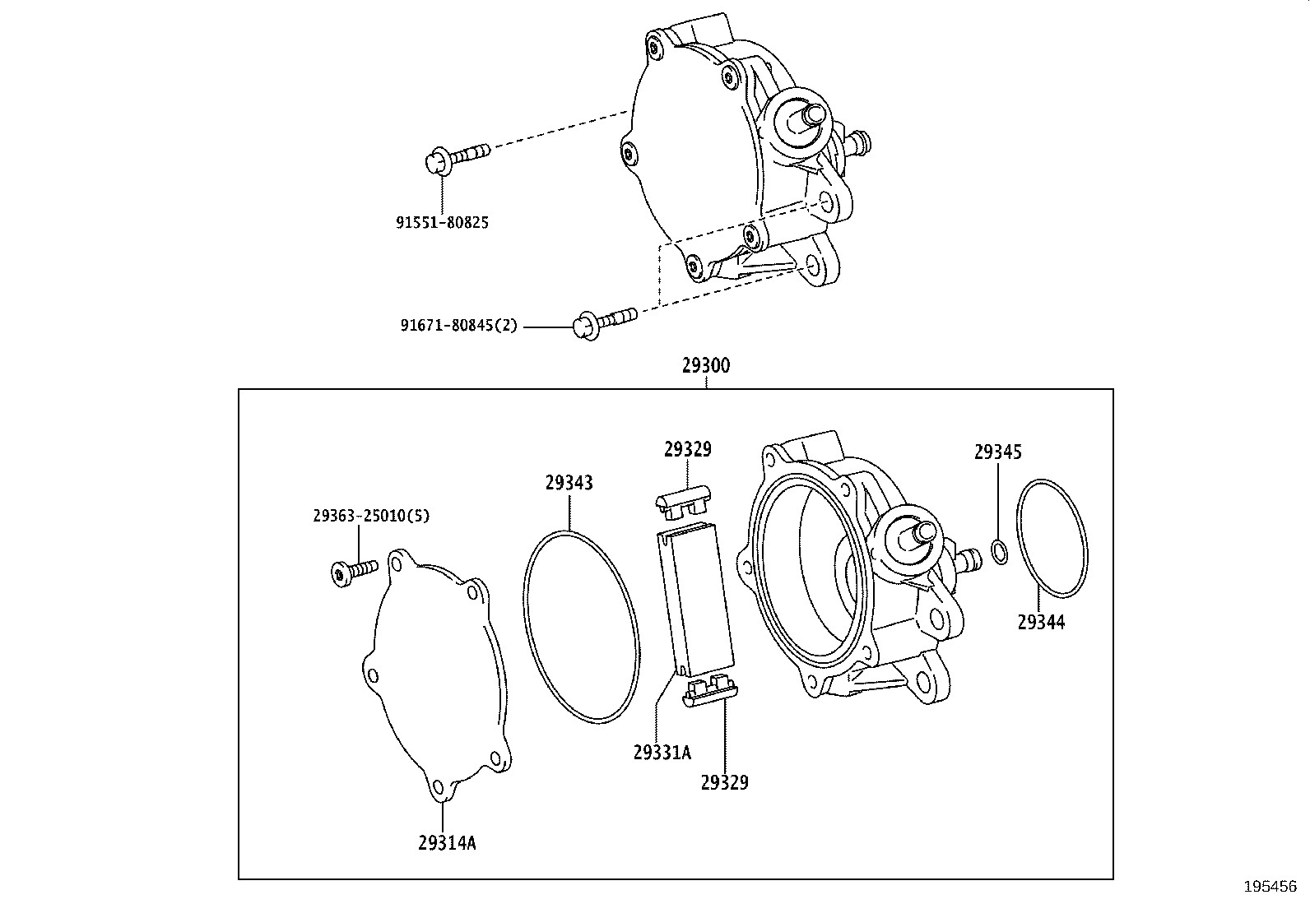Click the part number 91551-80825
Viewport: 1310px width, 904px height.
[x=442, y=222]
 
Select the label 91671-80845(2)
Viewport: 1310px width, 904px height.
[x=459, y=325]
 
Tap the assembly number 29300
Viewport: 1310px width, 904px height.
[x=705, y=365]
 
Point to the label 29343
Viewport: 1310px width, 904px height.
[x=569, y=483]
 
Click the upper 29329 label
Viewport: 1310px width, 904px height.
[x=688, y=449]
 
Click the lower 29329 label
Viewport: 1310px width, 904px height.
[x=725, y=782]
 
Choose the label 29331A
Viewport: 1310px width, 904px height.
[x=662, y=752]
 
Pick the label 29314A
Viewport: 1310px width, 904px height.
[x=447, y=842]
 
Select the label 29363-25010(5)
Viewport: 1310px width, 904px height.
[x=371, y=516]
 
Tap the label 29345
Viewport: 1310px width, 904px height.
[x=997, y=452]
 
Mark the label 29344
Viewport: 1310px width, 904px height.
[x=1041, y=623]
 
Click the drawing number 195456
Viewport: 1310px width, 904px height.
[x=1270, y=887]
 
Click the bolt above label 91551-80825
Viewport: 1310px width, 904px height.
[x=458, y=155]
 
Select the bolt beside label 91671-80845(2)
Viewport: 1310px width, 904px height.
[x=605, y=321]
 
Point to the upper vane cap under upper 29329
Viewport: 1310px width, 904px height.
[x=685, y=503]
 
